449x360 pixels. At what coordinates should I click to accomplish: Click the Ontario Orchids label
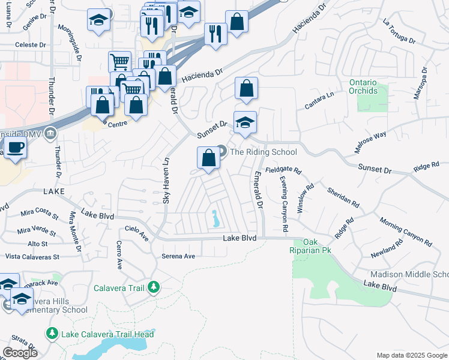point(363,86)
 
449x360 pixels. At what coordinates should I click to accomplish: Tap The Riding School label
point(264,152)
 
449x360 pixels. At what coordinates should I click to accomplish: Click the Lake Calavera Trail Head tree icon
point(52,334)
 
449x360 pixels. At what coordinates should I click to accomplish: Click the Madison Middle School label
point(406,274)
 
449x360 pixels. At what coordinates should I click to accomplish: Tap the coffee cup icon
point(14,147)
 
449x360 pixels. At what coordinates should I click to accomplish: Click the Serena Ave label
point(179,256)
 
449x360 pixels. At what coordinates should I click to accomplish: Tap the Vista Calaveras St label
point(32,256)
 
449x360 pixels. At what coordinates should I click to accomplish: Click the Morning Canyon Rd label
point(405,232)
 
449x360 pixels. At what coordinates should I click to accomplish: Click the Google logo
point(20,353)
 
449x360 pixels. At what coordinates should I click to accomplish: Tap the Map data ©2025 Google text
point(411,355)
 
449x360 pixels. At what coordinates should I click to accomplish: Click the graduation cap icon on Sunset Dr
point(245,123)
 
